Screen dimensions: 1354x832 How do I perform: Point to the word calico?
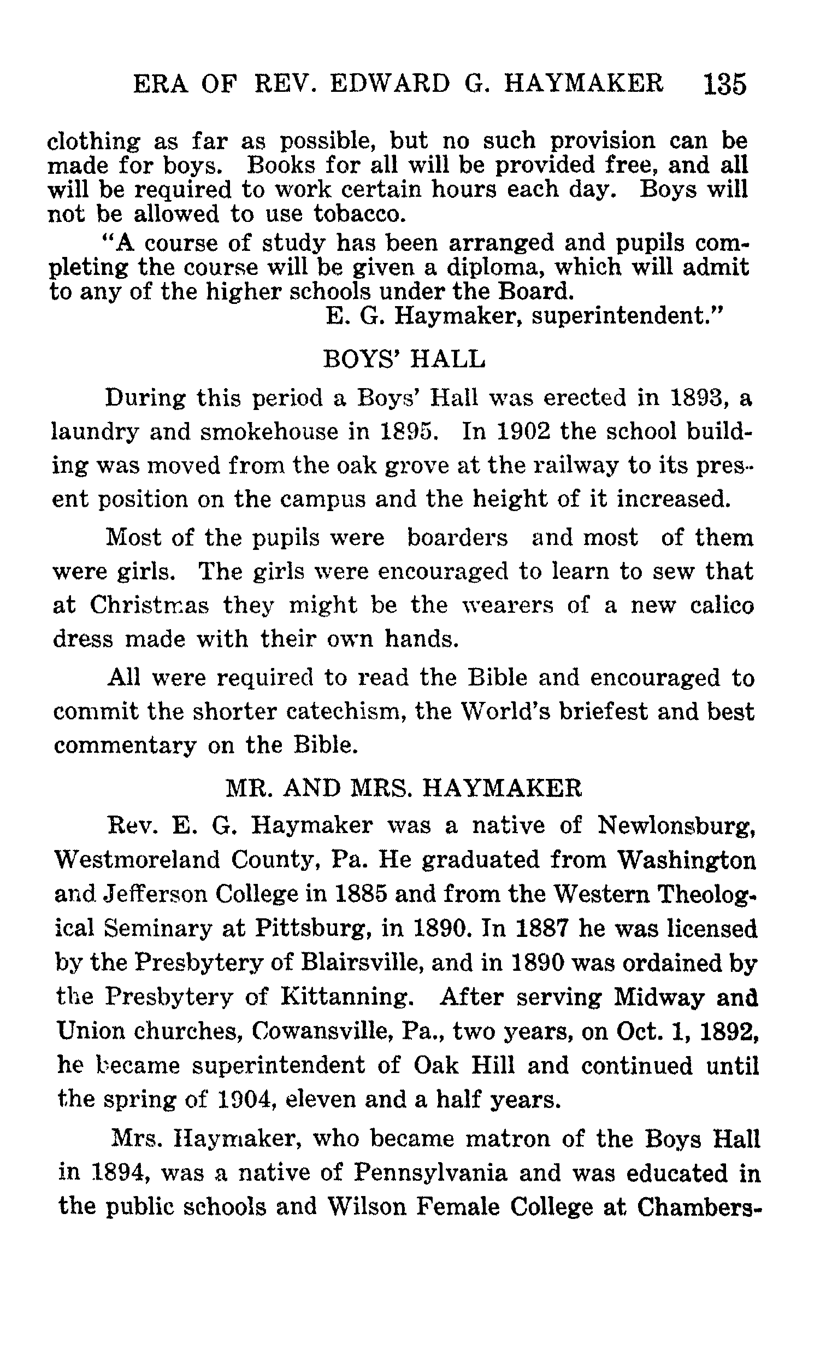click(722, 605)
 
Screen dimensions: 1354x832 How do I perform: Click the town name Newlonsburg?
click(676, 825)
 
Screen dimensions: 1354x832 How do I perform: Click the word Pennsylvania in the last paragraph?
click(429, 1173)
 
